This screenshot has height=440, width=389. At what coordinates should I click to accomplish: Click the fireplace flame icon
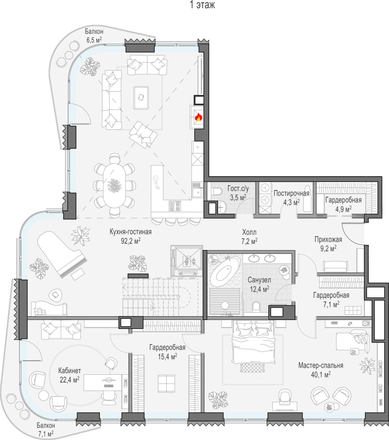pos(198,117)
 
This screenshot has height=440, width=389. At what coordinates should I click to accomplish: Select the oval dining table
pos(114,186)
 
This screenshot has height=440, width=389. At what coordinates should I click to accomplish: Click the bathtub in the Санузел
pos(225,272)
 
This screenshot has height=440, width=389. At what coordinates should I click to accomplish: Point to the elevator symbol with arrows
pos(187,261)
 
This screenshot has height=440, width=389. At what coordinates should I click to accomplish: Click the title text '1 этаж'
pos(202,5)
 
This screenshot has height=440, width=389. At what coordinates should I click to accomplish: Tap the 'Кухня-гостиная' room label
pos(131,232)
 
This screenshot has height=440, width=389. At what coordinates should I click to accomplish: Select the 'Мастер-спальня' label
pos(321,365)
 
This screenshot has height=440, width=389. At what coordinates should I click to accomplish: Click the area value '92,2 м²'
pos(131,241)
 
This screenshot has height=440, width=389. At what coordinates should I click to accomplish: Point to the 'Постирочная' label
pos(291,193)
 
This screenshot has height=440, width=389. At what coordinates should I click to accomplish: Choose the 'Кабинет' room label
pos(70,370)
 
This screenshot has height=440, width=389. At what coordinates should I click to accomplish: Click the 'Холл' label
pos(249,232)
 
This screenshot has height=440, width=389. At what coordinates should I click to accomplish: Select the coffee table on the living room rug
pos(141,98)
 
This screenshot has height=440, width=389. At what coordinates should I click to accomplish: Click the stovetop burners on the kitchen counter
pos(175,206)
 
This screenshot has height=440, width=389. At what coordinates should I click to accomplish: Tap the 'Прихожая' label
pos(328,239)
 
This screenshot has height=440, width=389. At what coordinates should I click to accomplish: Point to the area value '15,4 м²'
pos(167,357)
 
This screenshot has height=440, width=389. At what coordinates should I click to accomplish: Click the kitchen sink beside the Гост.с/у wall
pos(198,192)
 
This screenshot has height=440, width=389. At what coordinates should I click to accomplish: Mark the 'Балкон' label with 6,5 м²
pos(94,31)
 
